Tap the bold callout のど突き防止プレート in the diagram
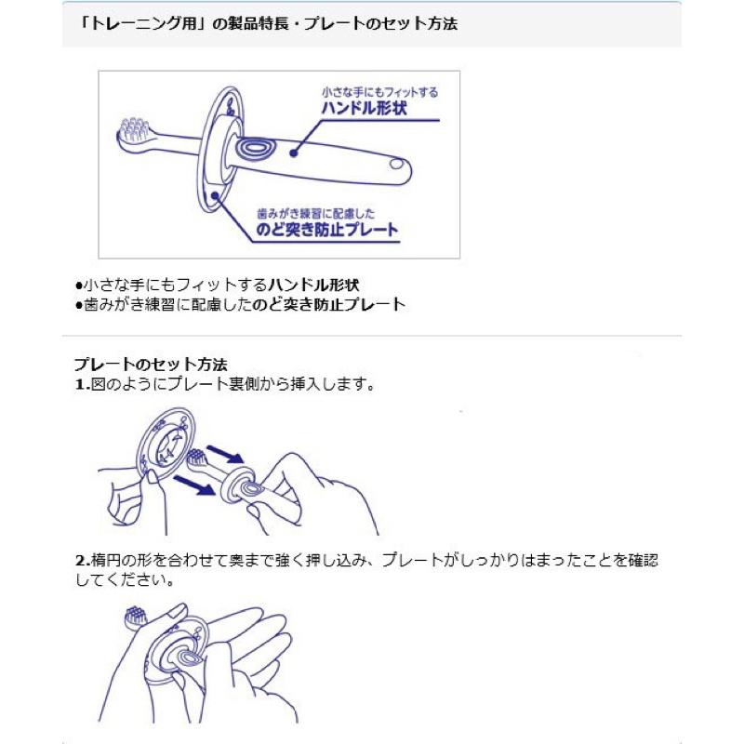(x=332, y=229)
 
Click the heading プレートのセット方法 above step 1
(x=150, y=364)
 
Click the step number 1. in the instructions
(x=81, y=383)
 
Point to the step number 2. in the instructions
(x=81, y=562)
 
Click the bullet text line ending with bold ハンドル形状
(x=216, y=285)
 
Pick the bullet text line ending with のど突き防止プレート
(x=239, y=303)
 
